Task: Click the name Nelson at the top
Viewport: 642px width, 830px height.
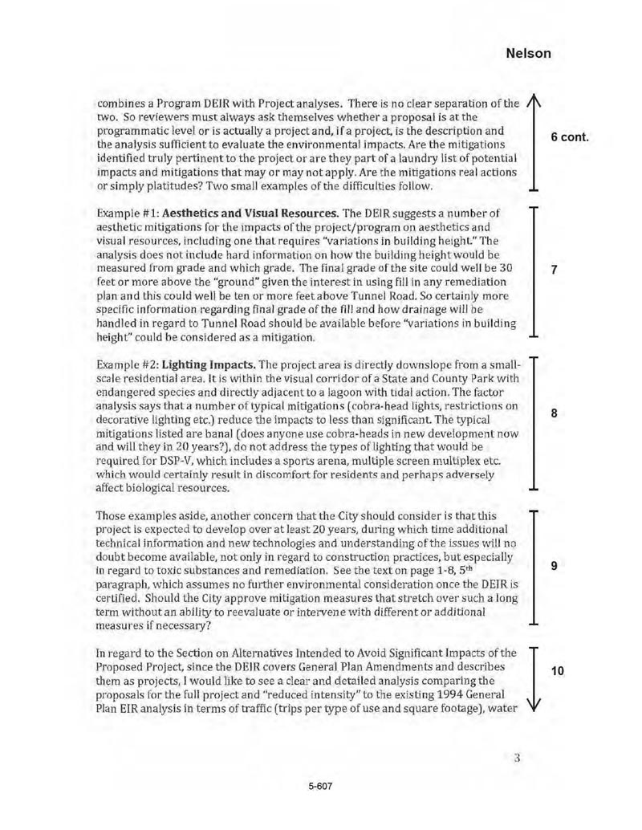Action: coord(529,54)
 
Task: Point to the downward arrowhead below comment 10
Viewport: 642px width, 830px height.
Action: coord(531,726)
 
